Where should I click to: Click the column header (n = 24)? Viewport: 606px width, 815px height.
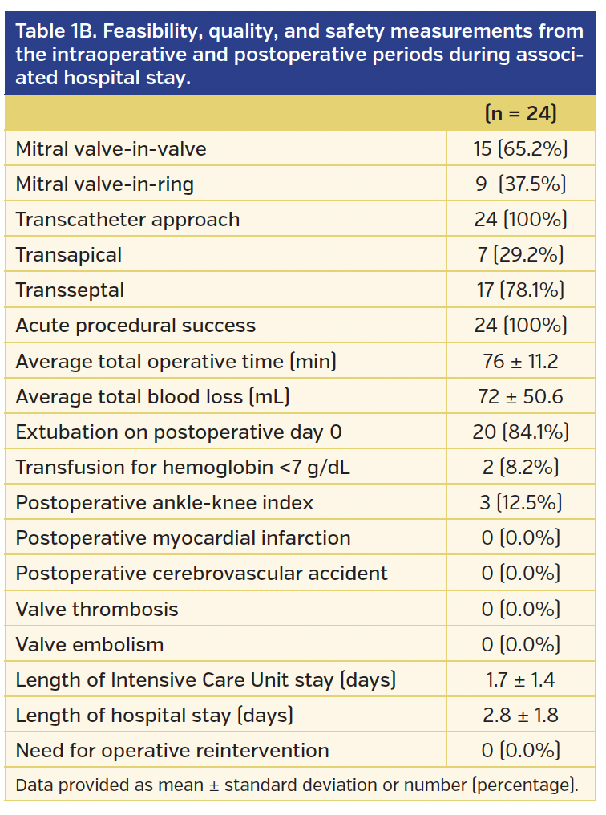520,114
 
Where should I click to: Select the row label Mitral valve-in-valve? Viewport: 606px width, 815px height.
111,149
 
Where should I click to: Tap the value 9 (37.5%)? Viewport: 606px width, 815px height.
520,184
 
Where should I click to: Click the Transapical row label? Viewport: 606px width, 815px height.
69,255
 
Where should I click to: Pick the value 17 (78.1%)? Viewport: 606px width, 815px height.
520,290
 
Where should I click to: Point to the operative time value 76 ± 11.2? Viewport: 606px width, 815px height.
520,361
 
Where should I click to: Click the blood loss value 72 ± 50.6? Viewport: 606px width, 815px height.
520,396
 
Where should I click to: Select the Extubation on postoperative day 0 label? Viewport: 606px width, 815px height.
179,432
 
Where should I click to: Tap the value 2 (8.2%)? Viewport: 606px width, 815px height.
520,467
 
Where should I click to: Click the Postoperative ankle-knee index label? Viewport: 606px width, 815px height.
164,503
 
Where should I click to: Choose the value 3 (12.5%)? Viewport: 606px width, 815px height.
520,503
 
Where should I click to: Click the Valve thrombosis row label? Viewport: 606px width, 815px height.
97,609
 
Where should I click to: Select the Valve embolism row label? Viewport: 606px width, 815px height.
90,644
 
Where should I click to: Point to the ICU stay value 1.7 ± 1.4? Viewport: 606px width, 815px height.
520,680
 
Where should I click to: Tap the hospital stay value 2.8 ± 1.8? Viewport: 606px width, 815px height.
520,715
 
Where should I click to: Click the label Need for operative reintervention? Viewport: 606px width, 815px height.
172,751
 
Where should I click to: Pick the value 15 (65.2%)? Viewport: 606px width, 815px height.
520,149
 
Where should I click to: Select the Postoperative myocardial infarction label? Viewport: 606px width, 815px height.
183,538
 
